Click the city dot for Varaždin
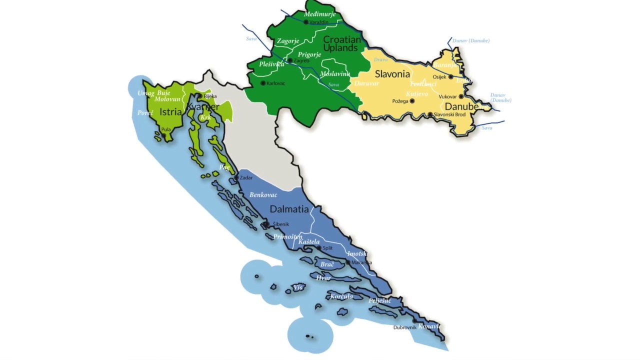(x=306, y=22)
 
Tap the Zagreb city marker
(x=290, y=60)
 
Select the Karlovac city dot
(x=263, y=83)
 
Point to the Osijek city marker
(x=451, y=77)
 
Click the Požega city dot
(x=412, y=101)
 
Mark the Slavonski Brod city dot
(x=430, y=114)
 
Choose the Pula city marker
(x=163, y=134)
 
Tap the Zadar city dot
(x=236, y=177)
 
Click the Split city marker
(x=319, y=247)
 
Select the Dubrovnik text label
(x=404, y=327)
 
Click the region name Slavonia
(x=392, y=74)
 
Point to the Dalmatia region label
(x=289, y=209)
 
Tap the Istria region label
(x=170, y=112)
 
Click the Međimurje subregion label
(x=319, y=14)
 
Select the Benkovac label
(x=263, y=194)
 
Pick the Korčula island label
(x=341, y=296)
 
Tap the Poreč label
(x=145, y=113)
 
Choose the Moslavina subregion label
(x=335, y=74)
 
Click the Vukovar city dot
(x=461, y=96)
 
